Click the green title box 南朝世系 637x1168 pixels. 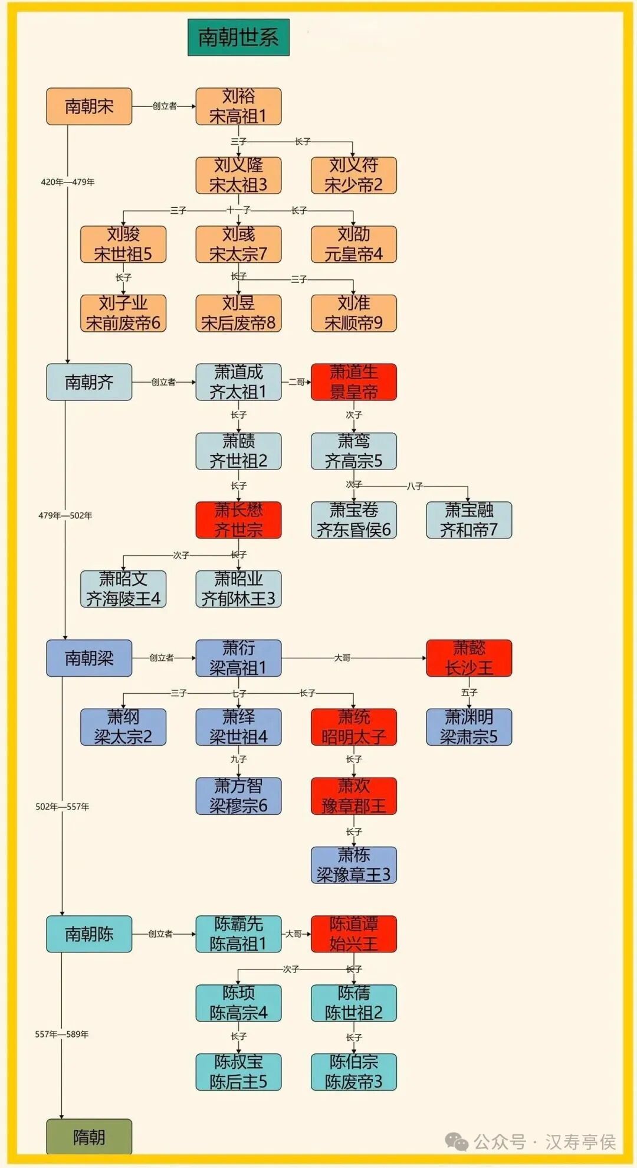coord(238,37)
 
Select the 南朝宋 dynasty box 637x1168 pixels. coord(89,106)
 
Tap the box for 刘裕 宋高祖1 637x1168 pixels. coord(238,106)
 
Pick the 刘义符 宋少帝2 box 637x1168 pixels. coord(353,175)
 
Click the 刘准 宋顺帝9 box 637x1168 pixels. coord(353,313)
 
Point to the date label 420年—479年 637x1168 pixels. coord(67,182)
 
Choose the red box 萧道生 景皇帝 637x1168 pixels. coord(353,382)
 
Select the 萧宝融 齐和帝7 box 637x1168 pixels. coord(469,520)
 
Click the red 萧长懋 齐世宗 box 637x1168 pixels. coord(238,520)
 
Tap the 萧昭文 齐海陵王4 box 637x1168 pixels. coord(123,589)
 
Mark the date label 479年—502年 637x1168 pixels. coord(65,516)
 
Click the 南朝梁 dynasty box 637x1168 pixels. coord(89,658)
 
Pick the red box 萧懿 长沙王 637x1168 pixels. coord(469,658)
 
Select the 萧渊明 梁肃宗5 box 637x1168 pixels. coord(469,727)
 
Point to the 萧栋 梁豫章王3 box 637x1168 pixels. coord(353,864)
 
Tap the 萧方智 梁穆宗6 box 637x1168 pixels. coord(238,796)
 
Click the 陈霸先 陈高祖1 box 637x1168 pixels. coord(238,934)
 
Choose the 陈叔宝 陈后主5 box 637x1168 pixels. coord(238,1072)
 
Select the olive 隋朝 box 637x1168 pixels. coord(89,1137)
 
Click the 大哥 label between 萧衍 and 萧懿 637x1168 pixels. coord(342,658)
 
